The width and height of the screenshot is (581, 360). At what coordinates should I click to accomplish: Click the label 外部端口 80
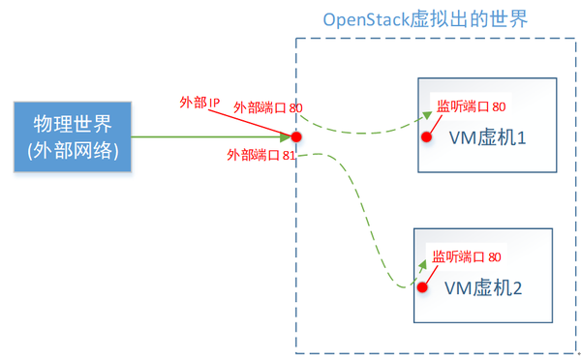(268, 109)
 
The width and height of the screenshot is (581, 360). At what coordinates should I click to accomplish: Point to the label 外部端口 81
(261, 155)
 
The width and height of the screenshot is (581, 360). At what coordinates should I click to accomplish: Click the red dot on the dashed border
(296, 136)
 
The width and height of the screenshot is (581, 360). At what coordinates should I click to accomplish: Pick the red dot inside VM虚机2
(422, 286)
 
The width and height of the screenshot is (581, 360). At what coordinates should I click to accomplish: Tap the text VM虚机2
(483, 287)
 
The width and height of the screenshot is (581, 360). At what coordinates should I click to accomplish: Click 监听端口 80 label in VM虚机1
(472, 107)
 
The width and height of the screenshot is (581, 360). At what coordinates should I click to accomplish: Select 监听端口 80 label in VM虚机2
(467, 256)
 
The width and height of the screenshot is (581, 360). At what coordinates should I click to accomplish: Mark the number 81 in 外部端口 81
(289, 155)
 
